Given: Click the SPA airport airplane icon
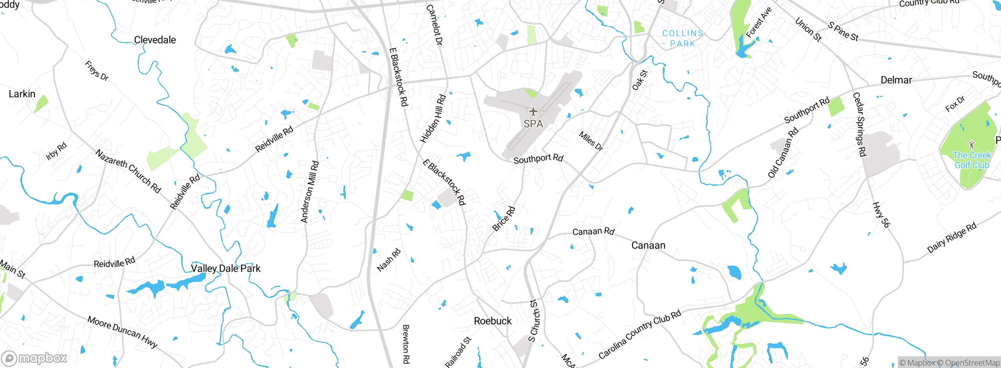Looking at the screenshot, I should (533, 112).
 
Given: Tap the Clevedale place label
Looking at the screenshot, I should (155, 40).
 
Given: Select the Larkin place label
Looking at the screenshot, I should (22, 94).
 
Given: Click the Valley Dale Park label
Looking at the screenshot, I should (226, 269).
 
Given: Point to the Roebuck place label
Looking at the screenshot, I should (493, 321).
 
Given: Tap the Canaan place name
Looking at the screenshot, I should (648, 245).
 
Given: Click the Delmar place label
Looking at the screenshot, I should (896, 80).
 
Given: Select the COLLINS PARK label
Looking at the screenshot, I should (683, 38).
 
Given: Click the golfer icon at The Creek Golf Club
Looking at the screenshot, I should (972, 145).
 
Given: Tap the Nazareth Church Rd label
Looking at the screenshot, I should (128, 171).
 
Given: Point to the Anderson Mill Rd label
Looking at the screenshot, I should (310, 192).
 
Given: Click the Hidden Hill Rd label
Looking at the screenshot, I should (433, 119).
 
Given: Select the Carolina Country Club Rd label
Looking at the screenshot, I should (640, 334).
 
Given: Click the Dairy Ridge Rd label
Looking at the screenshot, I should (952, 238).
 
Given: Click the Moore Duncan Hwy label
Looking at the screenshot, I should (122, 332).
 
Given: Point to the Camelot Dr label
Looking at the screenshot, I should (434, 25).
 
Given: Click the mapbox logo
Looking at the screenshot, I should (34, 358).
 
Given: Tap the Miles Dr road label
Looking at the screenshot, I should (591, 141).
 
